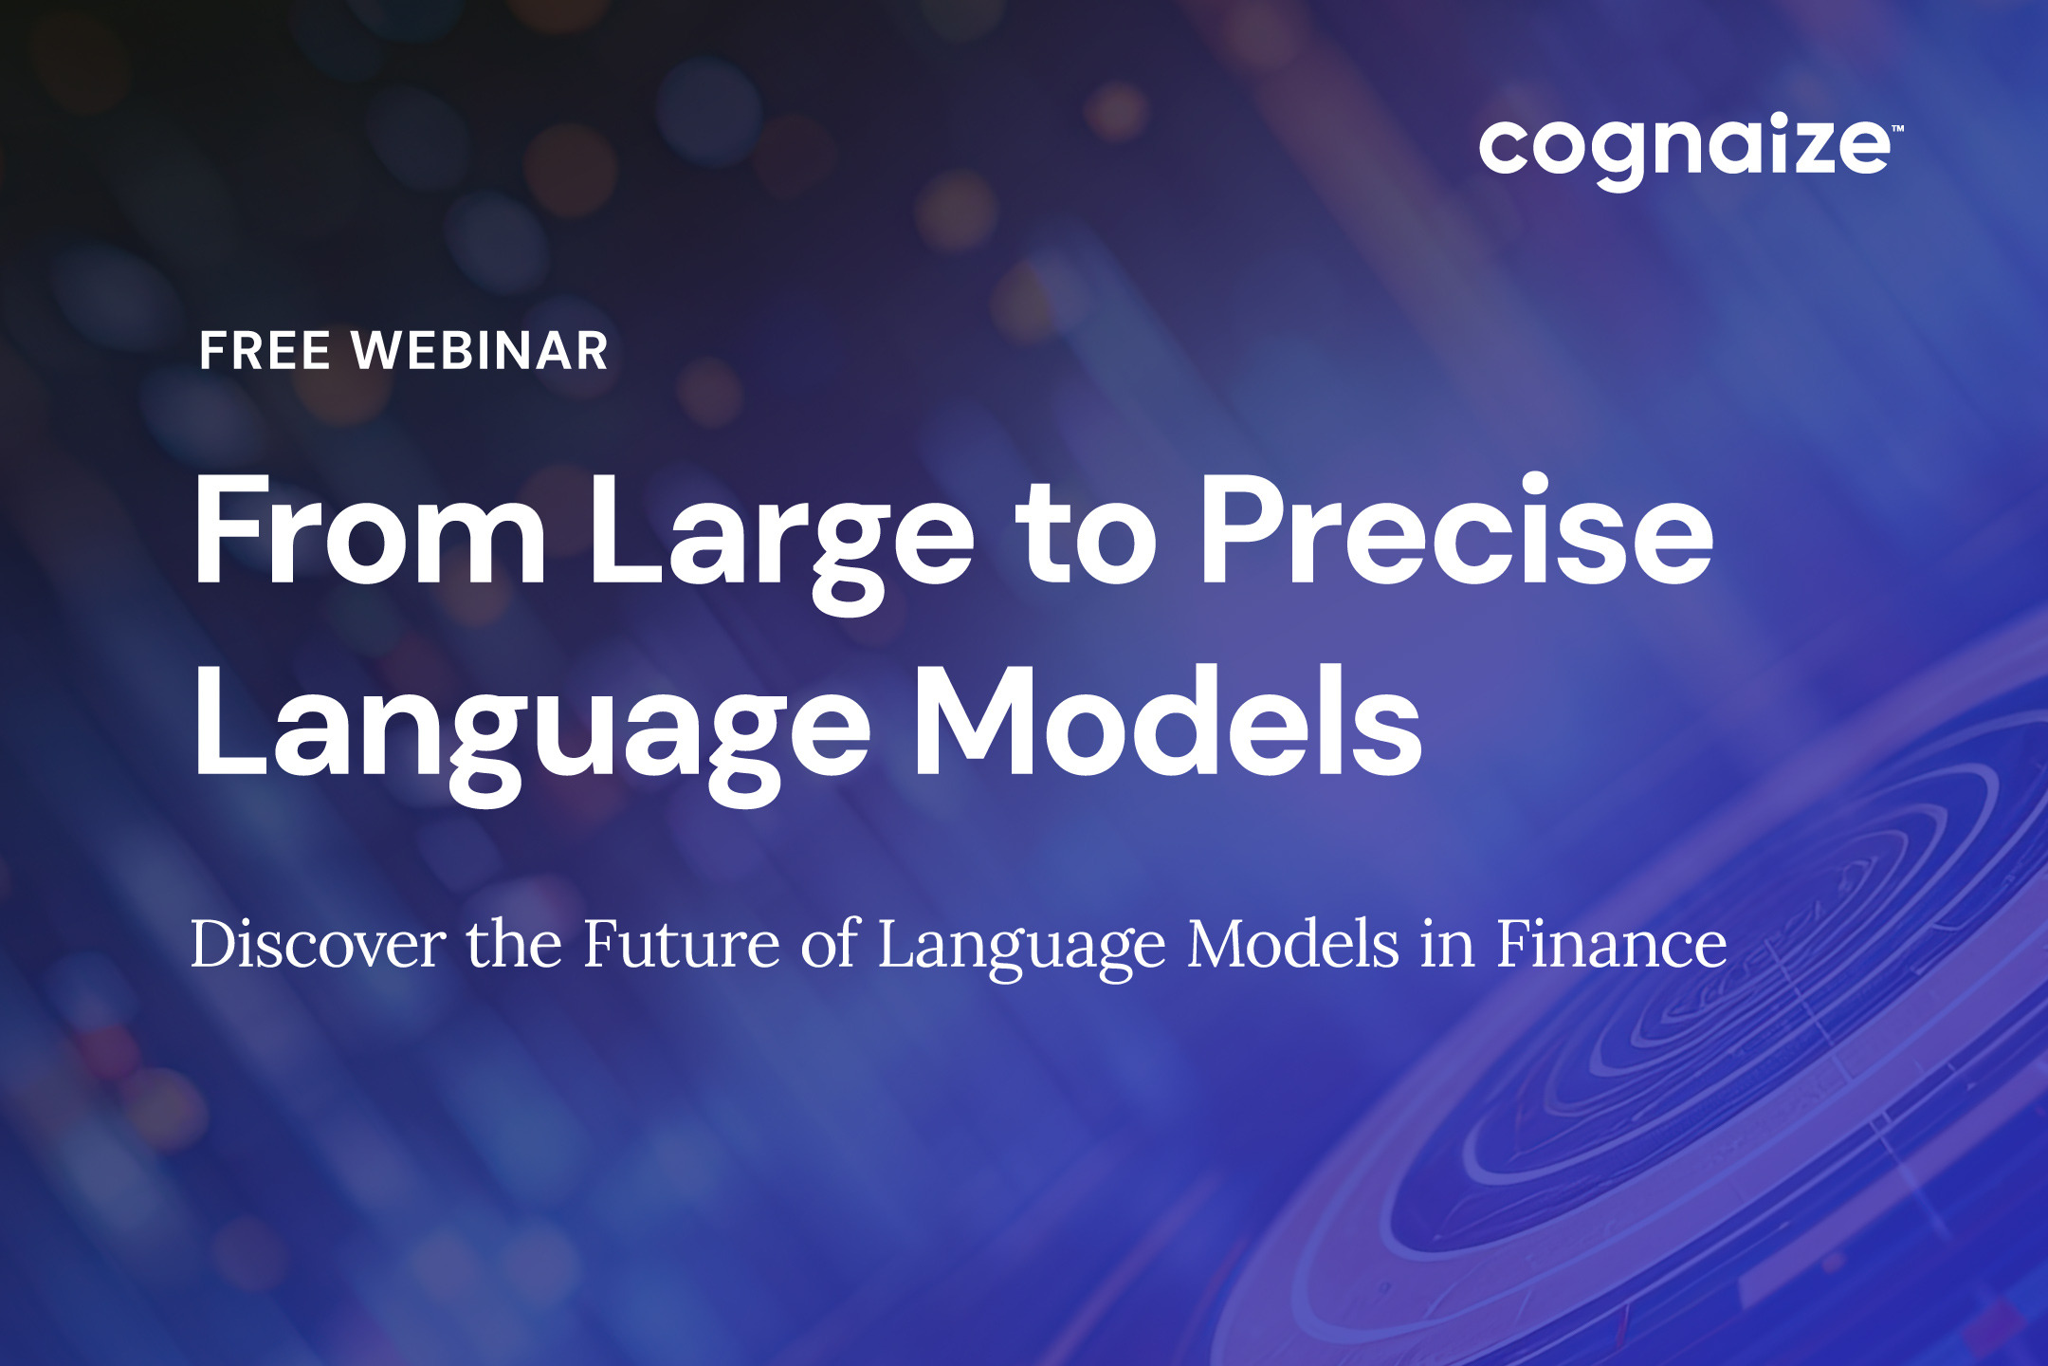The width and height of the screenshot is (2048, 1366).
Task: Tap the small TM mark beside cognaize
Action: click(1897, 127)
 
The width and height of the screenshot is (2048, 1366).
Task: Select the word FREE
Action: click(265, 351)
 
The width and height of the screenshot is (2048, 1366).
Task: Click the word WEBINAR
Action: click(480, 351)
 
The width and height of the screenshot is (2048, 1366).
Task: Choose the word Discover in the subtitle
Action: click(318, 944)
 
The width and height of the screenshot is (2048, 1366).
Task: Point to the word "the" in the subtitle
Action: click(513, 944)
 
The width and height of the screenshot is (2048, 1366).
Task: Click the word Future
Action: click(681, 944)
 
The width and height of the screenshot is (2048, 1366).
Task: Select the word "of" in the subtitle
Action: click(831, 944)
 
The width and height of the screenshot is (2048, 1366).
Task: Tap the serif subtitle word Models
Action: click(1292, 944)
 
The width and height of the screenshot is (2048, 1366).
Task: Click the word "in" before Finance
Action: click(1448, 944)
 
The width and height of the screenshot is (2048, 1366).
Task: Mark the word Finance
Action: click(1612, 944)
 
